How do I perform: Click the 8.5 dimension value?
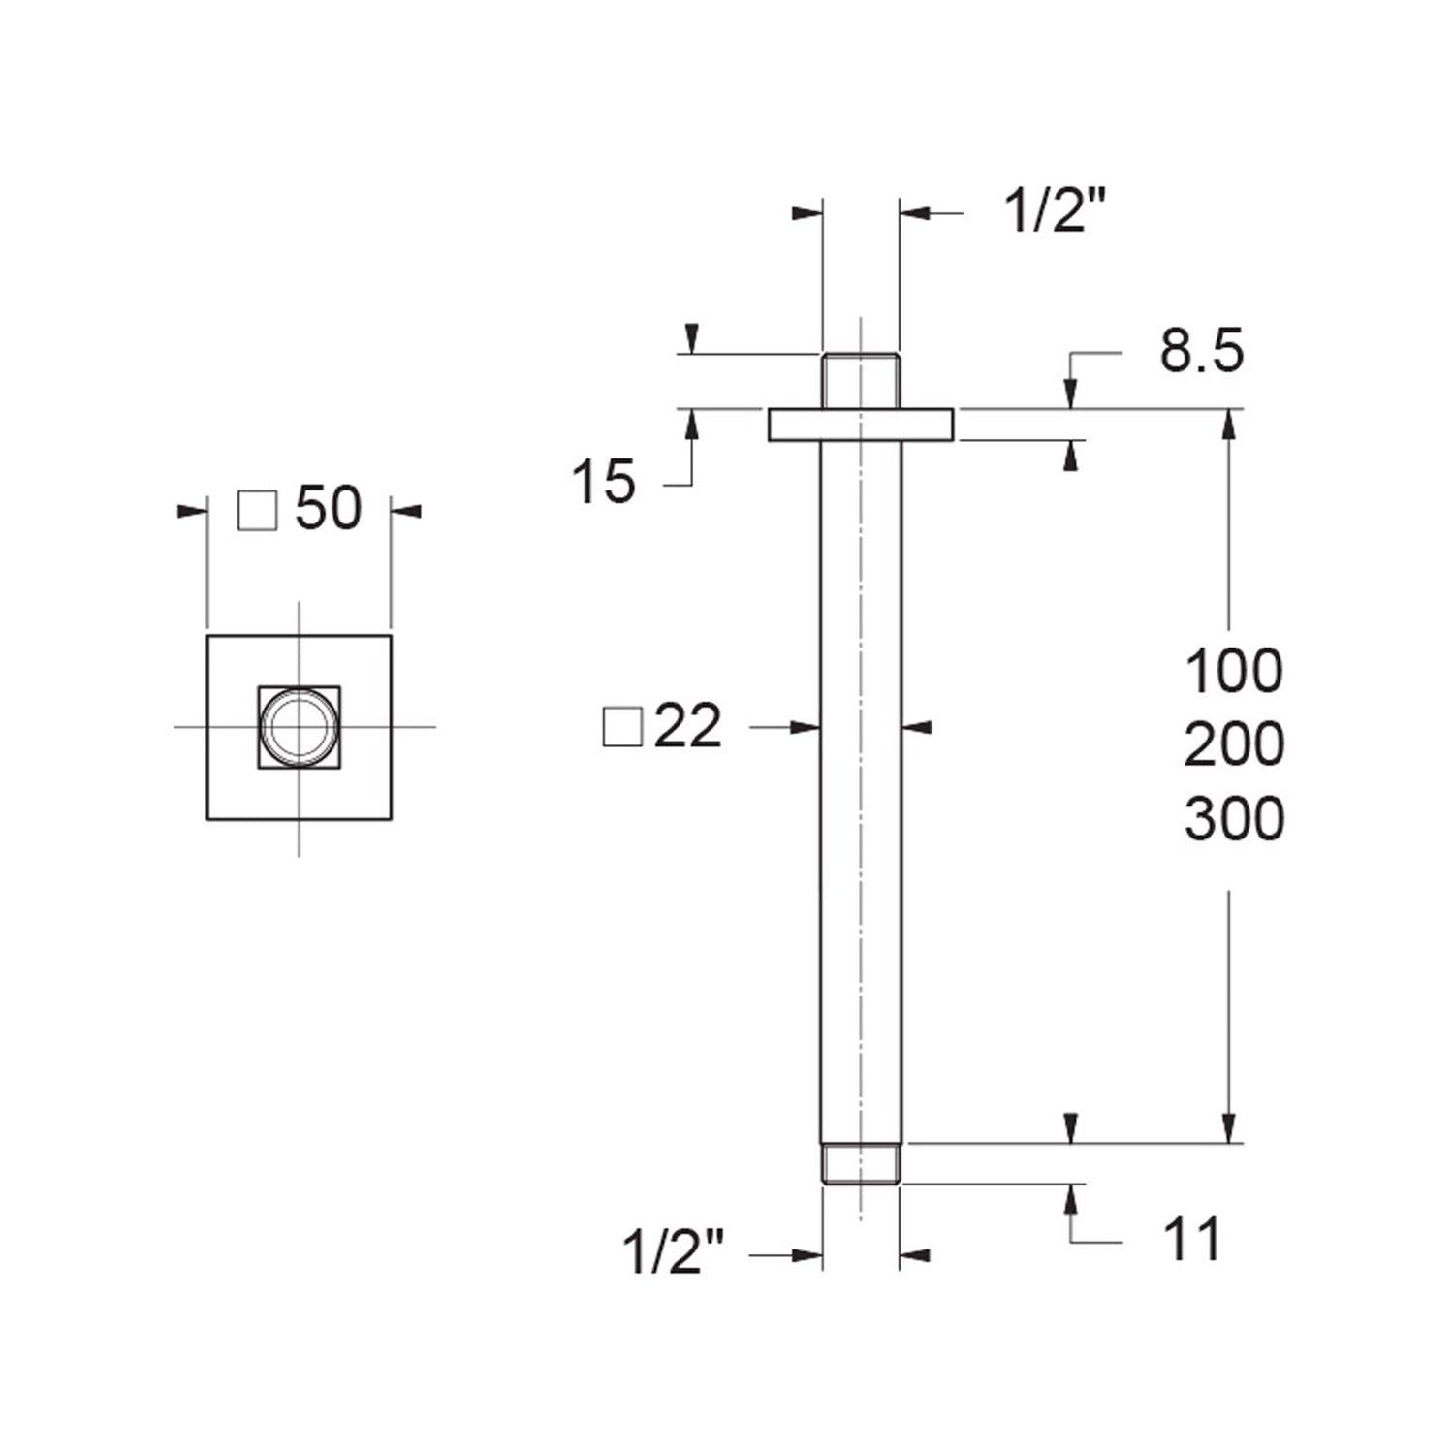pos(1201,351)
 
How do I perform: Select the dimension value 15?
pos(603,482)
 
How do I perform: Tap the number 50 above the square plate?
pos(329,508)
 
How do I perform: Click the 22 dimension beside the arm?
pos(688,726)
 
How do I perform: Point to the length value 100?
pos(1233,671)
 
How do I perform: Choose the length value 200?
pos(1233,744)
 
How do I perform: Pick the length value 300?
pos(1233,819)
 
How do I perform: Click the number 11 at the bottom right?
pos(1192,1240)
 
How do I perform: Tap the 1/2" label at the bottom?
pos(673,1252)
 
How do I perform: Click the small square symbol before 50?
pos(258,510)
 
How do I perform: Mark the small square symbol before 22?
pos(622,727)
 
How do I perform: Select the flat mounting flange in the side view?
pos(861,426)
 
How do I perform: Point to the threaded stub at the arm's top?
pos(861,380)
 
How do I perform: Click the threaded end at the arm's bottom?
pos(861,1163)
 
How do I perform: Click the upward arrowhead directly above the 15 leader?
pos(692,424)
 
